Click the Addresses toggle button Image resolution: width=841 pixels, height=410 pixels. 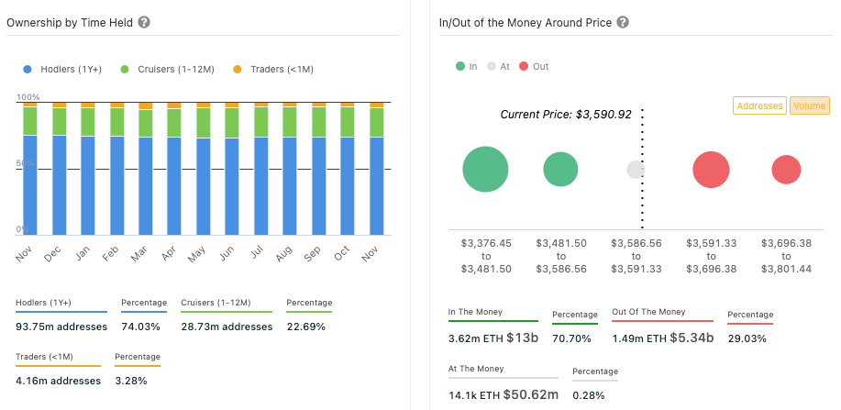point(759,106)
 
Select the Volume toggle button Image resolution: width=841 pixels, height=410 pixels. point(809,106)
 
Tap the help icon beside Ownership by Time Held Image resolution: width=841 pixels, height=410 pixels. point(144,22)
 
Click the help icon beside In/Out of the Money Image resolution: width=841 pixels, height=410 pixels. point(623,22)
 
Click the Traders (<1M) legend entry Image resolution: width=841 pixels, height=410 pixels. point(274,69)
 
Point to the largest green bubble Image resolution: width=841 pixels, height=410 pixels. point(485,170)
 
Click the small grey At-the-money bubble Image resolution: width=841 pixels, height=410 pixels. point(636,170)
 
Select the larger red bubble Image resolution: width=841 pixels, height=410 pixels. point(711,170)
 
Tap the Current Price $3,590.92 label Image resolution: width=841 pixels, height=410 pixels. point(565,115)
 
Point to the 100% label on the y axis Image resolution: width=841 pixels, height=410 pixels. point(28,97)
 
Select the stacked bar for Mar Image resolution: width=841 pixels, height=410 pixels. point(146,170)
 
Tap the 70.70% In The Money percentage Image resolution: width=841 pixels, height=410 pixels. point(570,338)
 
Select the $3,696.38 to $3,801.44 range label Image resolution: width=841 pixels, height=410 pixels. point(785,256)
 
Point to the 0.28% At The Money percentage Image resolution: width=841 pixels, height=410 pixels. point(587,394)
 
